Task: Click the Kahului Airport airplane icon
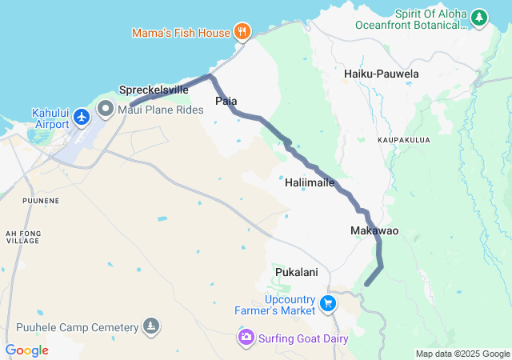(81, 118)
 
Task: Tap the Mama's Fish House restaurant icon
(242, 32)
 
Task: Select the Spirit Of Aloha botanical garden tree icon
(479, 16)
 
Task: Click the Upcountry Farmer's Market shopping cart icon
(327, 303)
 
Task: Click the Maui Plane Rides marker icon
(106, 108)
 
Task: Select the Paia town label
(226, 101)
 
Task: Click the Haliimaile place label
(310, 182)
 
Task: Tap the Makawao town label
(374, 231)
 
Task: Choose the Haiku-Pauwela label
(381, 74)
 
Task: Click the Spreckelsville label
(154, 90)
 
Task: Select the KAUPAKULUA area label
(404, 140)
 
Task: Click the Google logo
(27, 350)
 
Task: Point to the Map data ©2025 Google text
(462, 354)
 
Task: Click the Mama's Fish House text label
(181, 33)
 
